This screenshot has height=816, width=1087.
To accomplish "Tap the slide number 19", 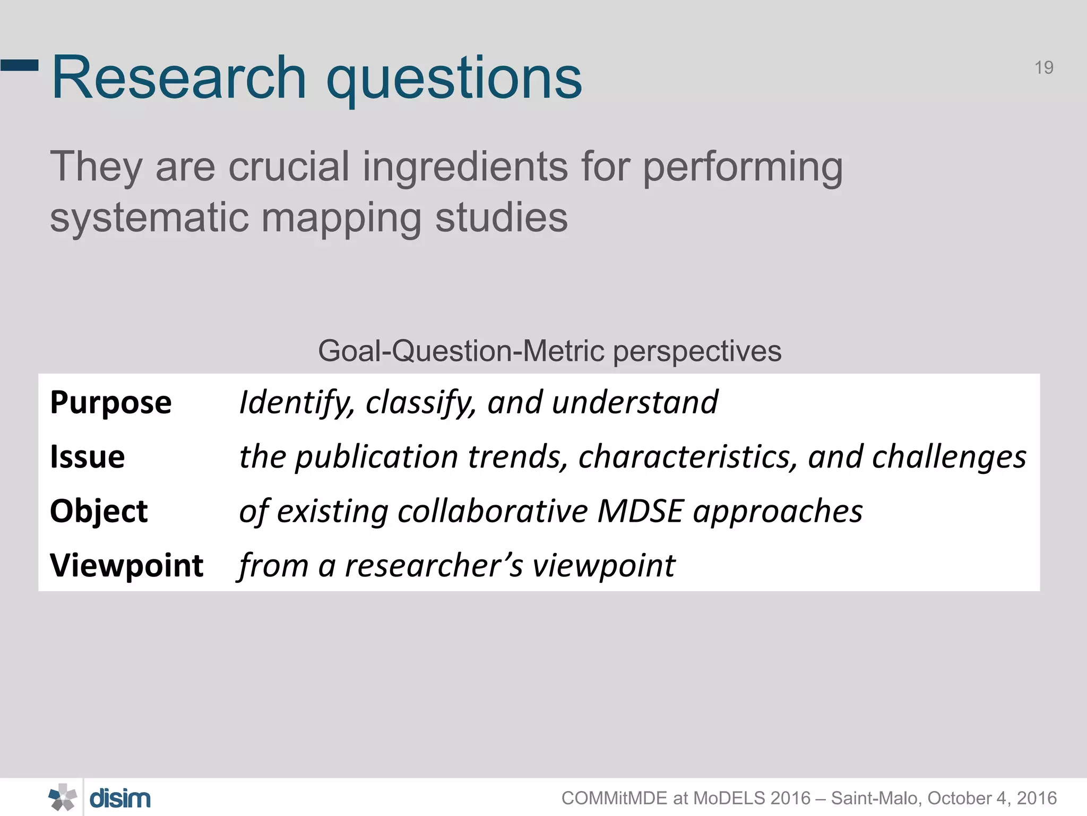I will (x=1043, y=68).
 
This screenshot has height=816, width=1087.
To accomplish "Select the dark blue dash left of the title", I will (x=20, y=65).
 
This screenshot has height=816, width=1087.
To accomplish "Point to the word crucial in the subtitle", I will (x=289, y=166).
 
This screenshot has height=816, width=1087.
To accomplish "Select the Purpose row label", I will (x=110, y=403).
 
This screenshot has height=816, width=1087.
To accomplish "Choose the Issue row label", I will (x=87, y=457).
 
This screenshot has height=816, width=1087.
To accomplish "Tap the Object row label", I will (x=99, y=511).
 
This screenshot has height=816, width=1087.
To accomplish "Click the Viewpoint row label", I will (x=126, y=565).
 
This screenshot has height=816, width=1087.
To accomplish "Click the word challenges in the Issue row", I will (x=948, y=457).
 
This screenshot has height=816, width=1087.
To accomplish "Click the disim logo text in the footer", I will (x=120, y=798).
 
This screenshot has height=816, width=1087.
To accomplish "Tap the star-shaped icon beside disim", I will (x=63, y=797).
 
